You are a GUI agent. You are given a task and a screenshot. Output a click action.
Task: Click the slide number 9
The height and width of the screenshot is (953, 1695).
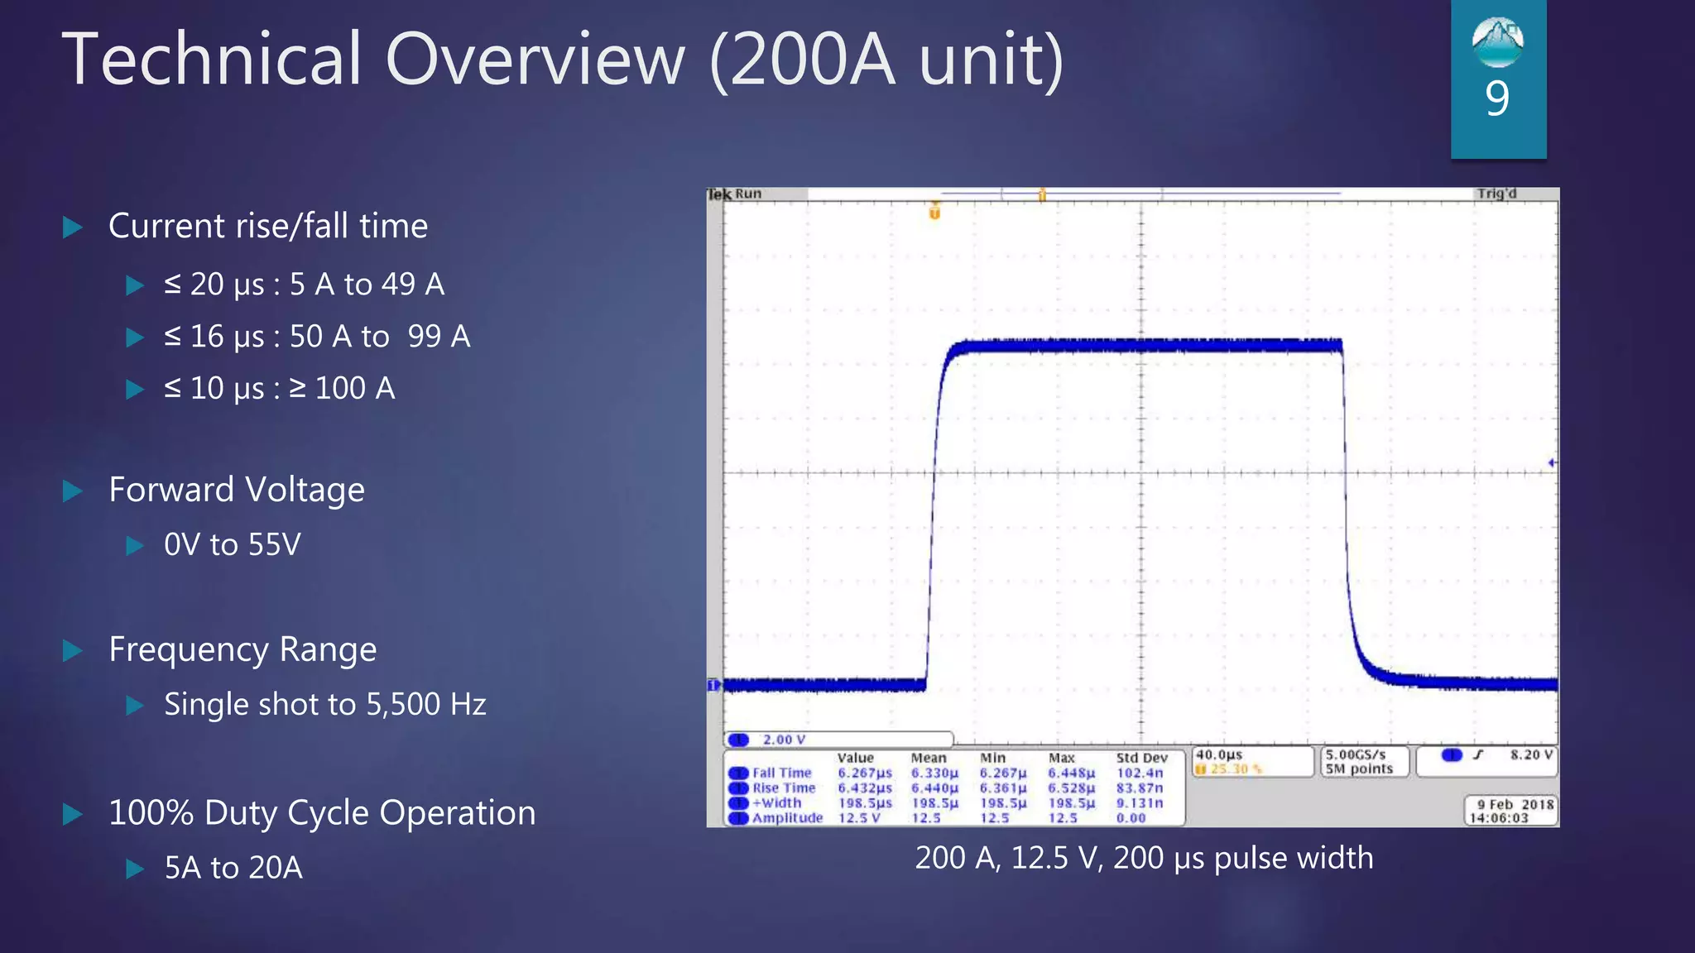[1497, 98]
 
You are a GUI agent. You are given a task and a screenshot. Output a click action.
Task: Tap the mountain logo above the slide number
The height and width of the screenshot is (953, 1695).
[1497, 41]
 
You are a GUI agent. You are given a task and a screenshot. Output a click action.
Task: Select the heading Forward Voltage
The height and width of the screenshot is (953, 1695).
[237, 490]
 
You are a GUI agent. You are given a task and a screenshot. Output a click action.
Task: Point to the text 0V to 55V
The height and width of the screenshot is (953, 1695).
[233, 544]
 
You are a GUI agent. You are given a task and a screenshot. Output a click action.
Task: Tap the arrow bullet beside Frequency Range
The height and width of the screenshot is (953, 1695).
[73, 650]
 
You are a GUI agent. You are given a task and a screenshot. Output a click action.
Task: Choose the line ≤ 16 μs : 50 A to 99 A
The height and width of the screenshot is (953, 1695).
[317, 337]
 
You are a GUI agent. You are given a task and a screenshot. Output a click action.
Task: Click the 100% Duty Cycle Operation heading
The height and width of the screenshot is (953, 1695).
[322, 812]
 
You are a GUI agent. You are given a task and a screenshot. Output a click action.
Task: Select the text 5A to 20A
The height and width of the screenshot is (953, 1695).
[233, 867]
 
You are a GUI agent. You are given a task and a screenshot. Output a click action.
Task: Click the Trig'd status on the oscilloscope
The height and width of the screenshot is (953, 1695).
[1496, 194]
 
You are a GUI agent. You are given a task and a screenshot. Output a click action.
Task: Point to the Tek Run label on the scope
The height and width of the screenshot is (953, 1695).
[734, 194]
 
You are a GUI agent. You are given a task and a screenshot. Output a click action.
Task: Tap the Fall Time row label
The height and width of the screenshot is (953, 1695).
[781, 773]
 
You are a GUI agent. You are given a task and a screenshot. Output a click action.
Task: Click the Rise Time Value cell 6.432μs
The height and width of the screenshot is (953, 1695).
[864, 788]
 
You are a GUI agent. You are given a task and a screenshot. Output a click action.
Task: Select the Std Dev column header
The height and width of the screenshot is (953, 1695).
[1141, 758]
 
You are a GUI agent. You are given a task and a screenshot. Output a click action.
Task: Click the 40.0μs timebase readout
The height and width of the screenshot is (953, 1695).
[1219, 754]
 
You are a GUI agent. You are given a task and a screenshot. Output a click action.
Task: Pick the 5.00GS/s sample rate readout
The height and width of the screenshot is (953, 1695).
[1355, 754]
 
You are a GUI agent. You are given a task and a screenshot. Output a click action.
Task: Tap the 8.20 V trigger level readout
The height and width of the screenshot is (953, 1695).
[1531, 754]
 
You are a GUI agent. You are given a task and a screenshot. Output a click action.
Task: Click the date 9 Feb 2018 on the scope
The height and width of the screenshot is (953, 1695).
[1515, 804]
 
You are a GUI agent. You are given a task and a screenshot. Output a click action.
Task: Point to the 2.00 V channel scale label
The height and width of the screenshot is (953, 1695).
[784, 740]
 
